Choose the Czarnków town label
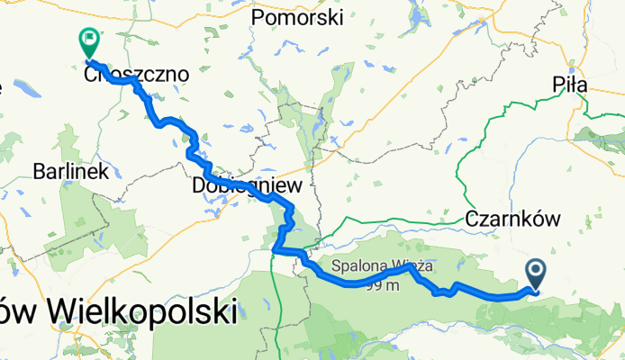[513, 219]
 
